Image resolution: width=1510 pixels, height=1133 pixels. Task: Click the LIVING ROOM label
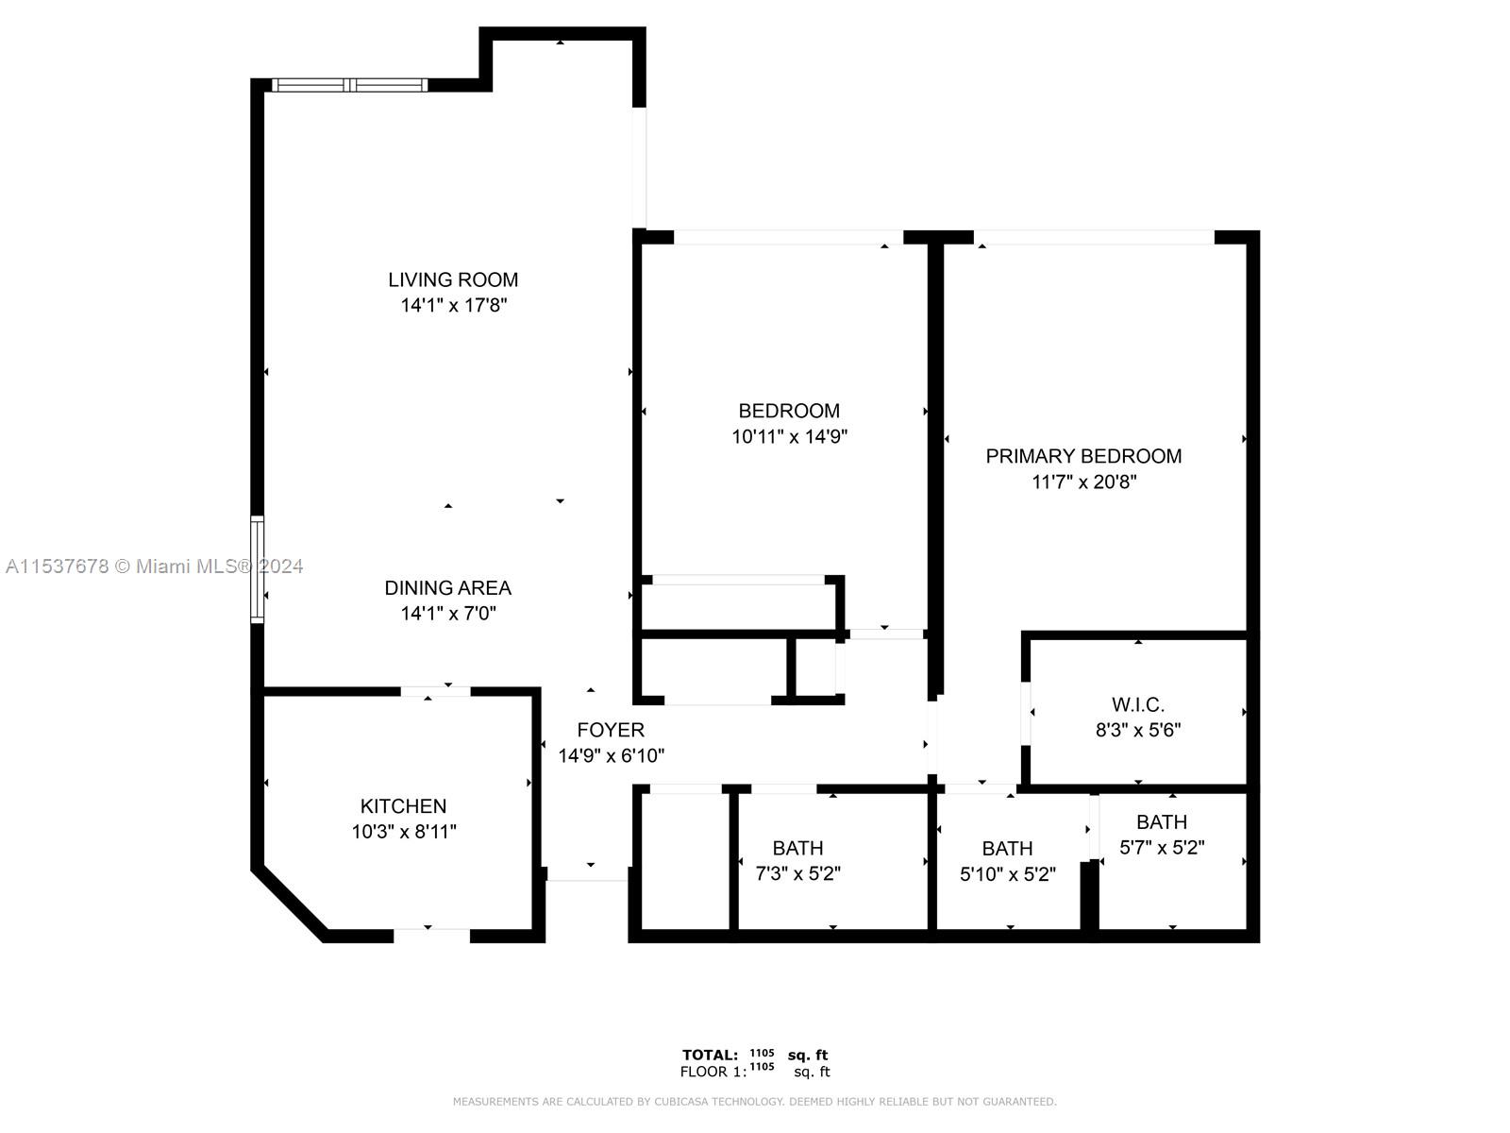click(x=453, y=280)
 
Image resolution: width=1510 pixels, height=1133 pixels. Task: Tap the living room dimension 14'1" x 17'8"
click(x=453, y=305)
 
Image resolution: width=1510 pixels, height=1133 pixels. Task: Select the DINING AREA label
click(x=448, y=588)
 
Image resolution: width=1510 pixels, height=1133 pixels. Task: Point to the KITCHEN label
click(x=403, y=806)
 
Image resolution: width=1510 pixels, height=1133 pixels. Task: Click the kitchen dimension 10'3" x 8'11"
click(x=404, y=832)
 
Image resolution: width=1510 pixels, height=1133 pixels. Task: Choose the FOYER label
click(x=611, y=730)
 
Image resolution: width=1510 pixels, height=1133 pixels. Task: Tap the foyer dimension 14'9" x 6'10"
click(x=611, y=756)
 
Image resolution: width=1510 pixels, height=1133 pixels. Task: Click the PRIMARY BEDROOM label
click(x=1083, y=456)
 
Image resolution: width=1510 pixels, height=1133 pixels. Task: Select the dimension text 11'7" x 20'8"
click(x=1083, y=482)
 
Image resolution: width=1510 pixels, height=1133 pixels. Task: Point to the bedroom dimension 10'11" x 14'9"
click(x=789, y=436)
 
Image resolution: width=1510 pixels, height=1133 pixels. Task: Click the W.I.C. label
click(x=1138, y=704)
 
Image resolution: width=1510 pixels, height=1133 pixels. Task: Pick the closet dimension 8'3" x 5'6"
click(x=1138, y=730)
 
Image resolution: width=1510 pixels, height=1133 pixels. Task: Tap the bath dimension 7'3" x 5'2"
click(x=798, y=873)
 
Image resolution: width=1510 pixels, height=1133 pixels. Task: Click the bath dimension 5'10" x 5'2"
click(x=1008, y=873)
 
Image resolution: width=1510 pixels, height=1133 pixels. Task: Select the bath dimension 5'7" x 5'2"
click(x=1162, y=848)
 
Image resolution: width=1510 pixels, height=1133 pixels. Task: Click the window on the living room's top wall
click(x=349, y=85)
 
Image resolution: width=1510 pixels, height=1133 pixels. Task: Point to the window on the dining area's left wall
click(x=257, y=569)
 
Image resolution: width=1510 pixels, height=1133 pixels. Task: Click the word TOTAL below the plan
click(x=710, y=1056)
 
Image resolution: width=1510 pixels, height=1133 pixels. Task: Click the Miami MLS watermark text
click(x=154, y=566)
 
